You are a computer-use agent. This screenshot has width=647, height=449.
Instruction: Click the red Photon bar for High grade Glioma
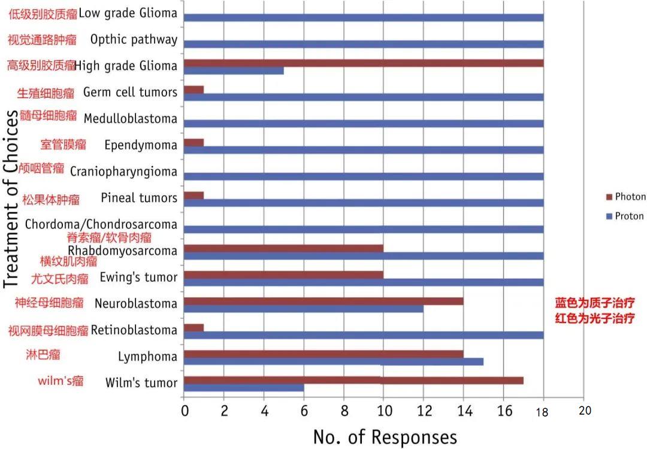click(364, 63)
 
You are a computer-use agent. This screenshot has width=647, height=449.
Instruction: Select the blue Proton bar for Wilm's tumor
click(244, 388)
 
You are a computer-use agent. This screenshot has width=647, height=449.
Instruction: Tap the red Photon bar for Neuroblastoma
click(323, 301)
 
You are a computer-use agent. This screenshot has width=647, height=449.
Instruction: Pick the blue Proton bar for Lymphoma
click(334, 361)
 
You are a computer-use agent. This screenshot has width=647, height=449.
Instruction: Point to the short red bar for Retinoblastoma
click(194, 327)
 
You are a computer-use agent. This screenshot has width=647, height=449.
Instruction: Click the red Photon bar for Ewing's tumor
click(283, 275)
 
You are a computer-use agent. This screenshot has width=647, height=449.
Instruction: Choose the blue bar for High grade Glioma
click(234, 71)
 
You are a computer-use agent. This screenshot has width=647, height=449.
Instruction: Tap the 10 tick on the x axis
click(383, 411)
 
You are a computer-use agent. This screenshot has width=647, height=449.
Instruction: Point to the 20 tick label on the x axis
click(585, 411)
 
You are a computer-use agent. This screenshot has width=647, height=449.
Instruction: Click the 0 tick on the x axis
click(185, 411)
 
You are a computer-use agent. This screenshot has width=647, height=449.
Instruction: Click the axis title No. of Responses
click(385, 436)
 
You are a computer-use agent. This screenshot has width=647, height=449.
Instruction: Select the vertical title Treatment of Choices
click(13, 198)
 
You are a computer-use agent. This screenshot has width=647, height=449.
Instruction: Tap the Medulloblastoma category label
click(131, 119)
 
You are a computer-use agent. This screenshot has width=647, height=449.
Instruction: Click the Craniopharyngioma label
click(123, 171)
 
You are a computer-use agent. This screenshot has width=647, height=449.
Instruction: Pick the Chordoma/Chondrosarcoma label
click(101, 224)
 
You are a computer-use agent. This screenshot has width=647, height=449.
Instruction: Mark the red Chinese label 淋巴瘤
click(43, 354)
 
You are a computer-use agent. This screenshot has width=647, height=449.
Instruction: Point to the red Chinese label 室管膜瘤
click(64, 144)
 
